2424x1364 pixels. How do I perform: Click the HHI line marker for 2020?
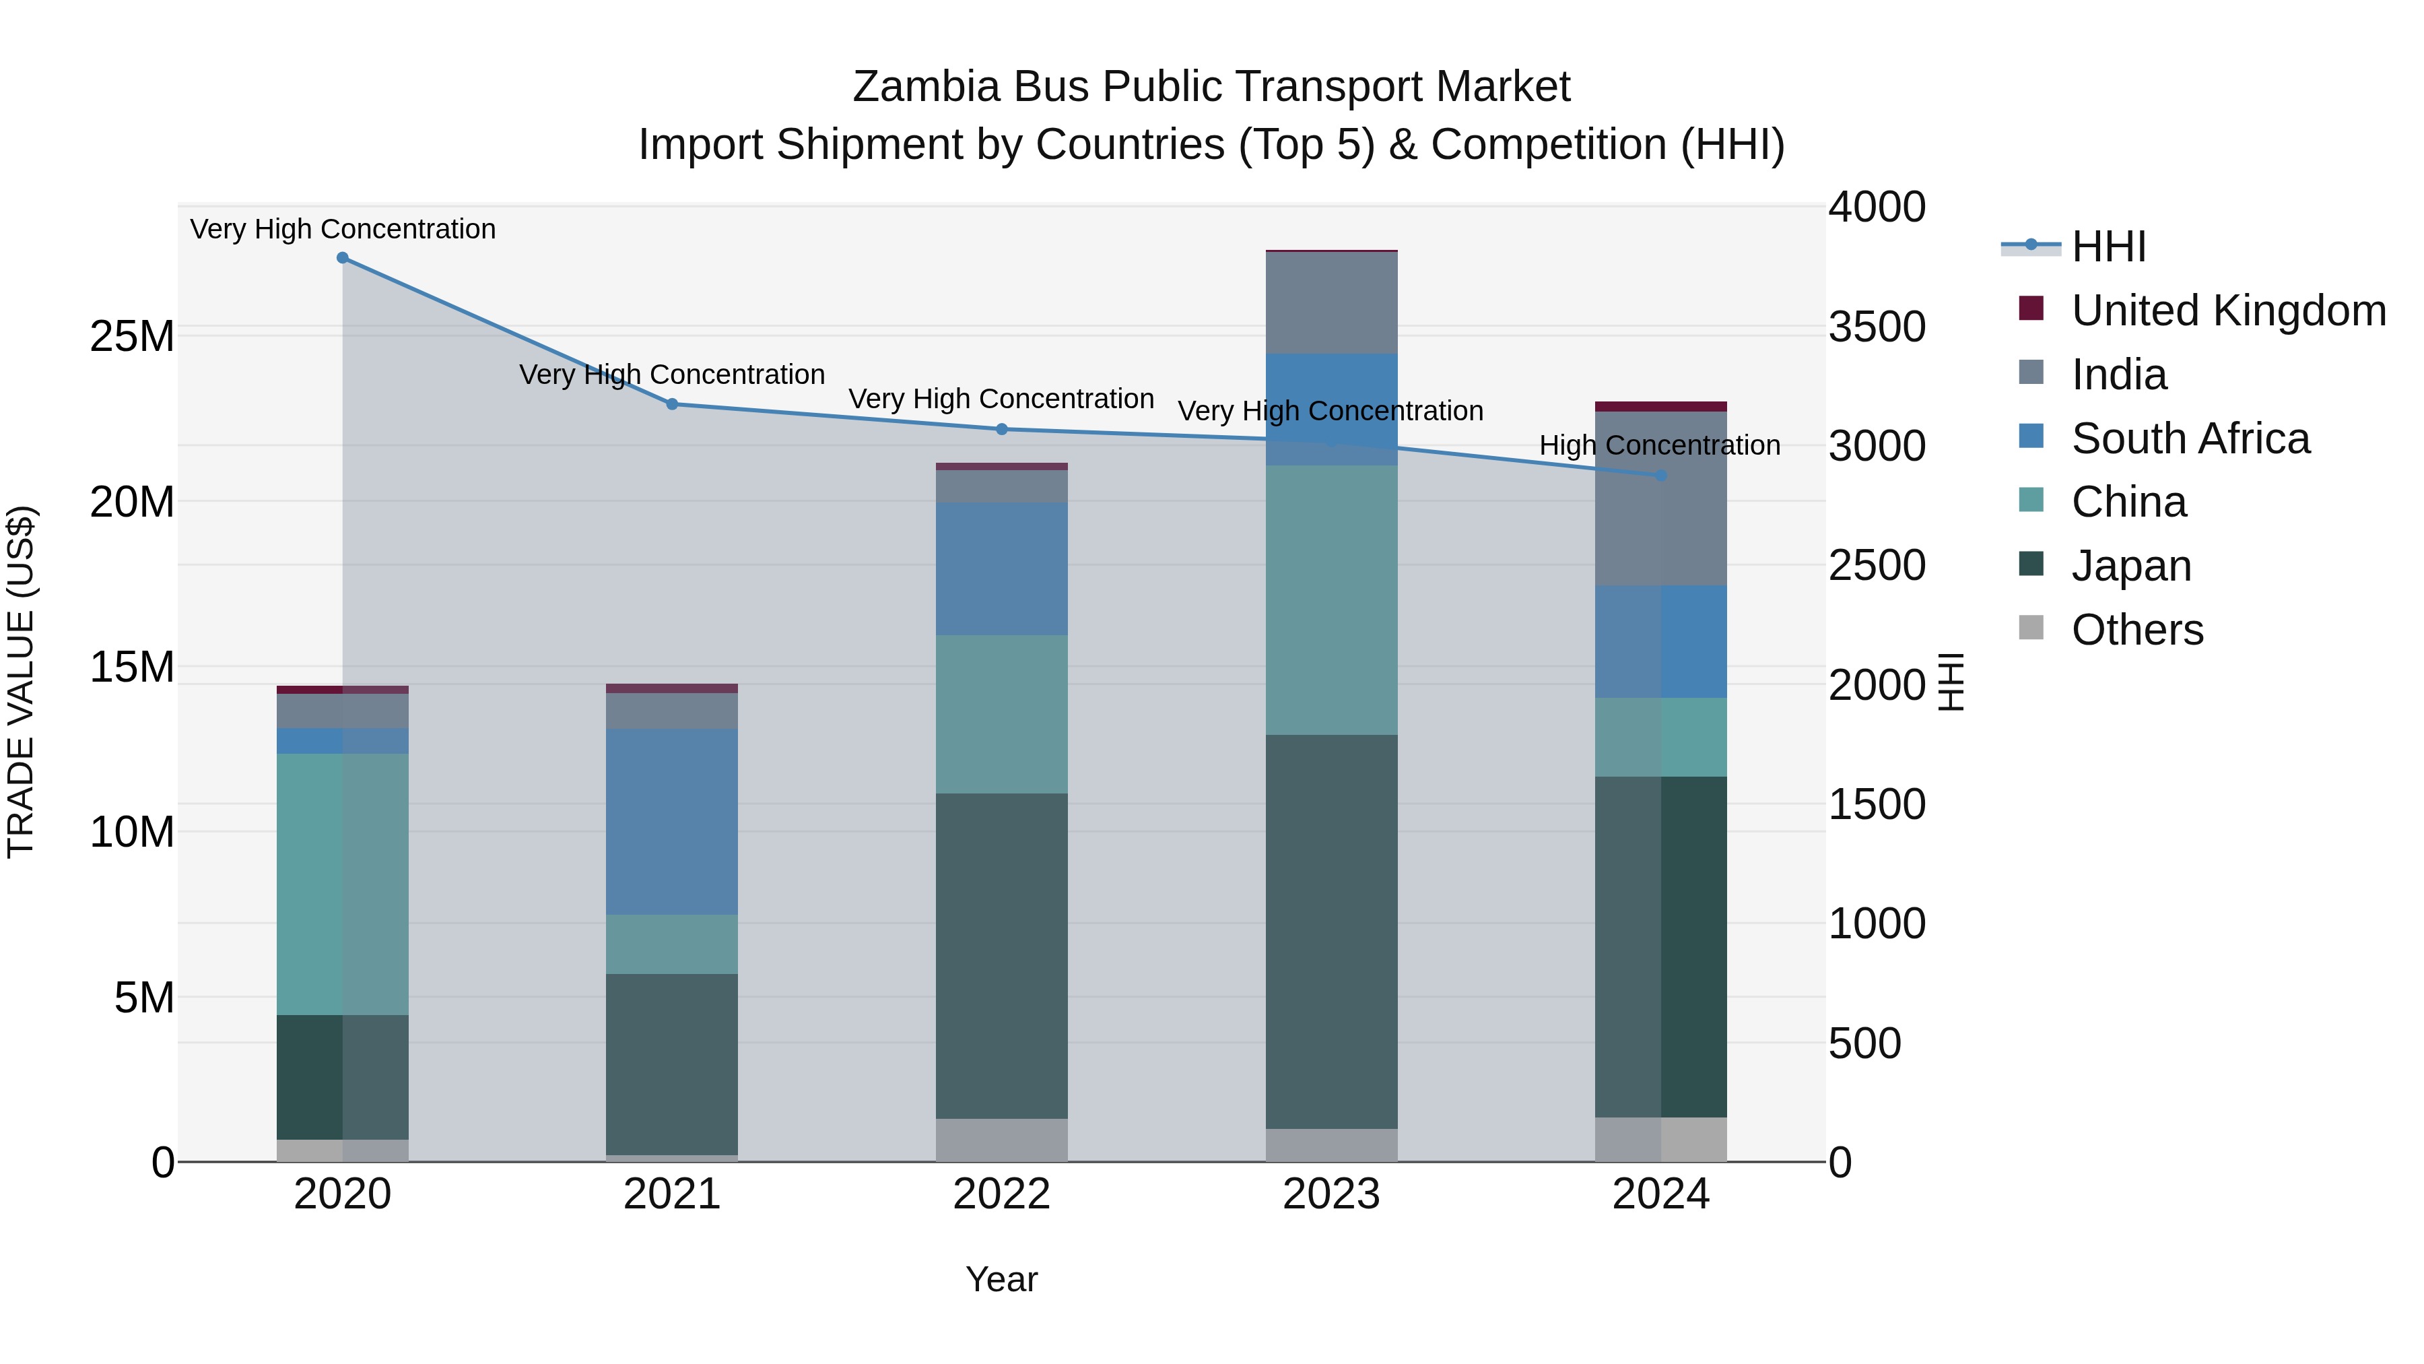(x=343, y=258)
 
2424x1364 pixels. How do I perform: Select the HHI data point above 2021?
(x=672, y=404)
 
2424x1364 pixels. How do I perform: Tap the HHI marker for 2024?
(x=1661, y=476)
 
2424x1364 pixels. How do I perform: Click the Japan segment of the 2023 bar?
(x=1331, y=932)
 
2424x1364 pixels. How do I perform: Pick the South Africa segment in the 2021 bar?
(x=672, y=822)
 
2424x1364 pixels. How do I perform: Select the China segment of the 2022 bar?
(x=1001, y=715)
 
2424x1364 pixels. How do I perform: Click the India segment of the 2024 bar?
(x=1661, y=499)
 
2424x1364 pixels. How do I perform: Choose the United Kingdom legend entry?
(x=2227, y=311)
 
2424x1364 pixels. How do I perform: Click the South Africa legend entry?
(x=2189, y=439)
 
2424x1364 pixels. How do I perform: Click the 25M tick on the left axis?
(x=132, y=336)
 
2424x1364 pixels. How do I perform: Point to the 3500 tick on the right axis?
(x=1877, y=327)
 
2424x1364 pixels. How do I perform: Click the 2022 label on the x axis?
(x=1001, y=1194)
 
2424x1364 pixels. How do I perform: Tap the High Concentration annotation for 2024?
(x=1659, y=445)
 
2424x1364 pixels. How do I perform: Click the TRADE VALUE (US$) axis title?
(x=22, y=682)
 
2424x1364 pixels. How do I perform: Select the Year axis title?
(x=1001, y=1279)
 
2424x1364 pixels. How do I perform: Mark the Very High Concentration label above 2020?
(x=343, y=229)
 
